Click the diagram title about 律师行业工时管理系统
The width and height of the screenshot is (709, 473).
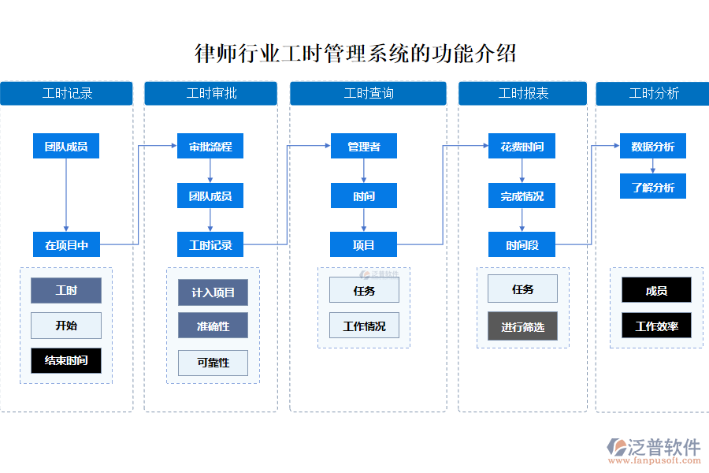pos(355,54)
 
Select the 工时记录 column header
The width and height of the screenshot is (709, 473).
pos(66,93)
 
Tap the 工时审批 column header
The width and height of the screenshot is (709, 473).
pos(210,93)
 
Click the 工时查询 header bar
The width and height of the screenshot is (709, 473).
pos(368,93)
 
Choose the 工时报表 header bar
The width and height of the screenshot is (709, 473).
pos(523,93)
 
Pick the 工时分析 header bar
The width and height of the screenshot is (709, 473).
pos(653,93)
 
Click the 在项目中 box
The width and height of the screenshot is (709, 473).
pos(66,245)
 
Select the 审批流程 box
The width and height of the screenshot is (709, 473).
pos(210,147)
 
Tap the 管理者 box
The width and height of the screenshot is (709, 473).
pos(363,147)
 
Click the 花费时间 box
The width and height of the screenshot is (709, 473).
pos(522,147)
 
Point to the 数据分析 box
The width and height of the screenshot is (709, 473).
pos(652,147)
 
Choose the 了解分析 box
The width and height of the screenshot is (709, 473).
pos(652,187)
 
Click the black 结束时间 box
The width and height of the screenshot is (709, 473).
pos(66,360)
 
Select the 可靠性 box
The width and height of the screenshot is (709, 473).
pos(213,363)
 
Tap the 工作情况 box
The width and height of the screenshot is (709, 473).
pos(364,326)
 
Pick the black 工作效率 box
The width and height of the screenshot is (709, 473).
pos(656,326)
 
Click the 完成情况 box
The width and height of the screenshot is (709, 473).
pos(522,196)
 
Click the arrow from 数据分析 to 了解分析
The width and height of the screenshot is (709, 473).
pos(652,166)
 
